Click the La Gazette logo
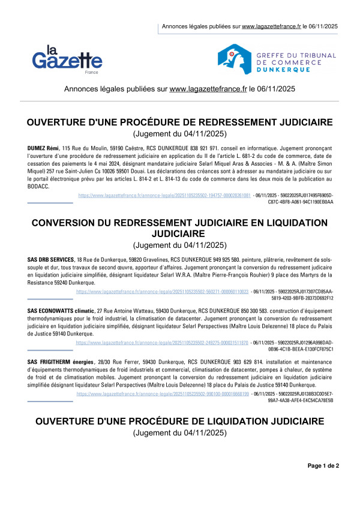[67, 58]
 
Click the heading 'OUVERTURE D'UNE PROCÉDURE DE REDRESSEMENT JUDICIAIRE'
[180, 122]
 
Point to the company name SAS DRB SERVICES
[51, 259]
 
